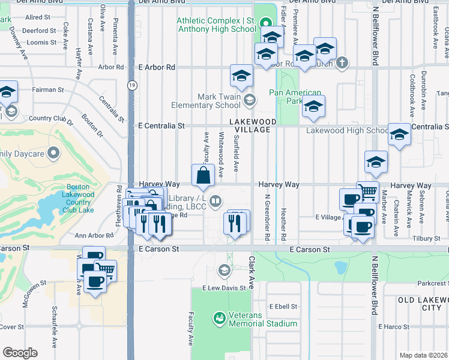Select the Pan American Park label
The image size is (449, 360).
(x=295, y=97)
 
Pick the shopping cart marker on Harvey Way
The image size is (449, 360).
(x=367, y=191)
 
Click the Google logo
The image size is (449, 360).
(x=20, y=353)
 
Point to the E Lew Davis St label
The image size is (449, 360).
(x=224, y=288)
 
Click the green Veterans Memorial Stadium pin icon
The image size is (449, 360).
(x=220, y=317)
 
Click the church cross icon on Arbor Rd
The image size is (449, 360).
(x=342, y=62)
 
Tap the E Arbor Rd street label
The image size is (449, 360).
(x=157, y=68)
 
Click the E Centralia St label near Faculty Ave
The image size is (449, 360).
(x=161, y=126)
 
